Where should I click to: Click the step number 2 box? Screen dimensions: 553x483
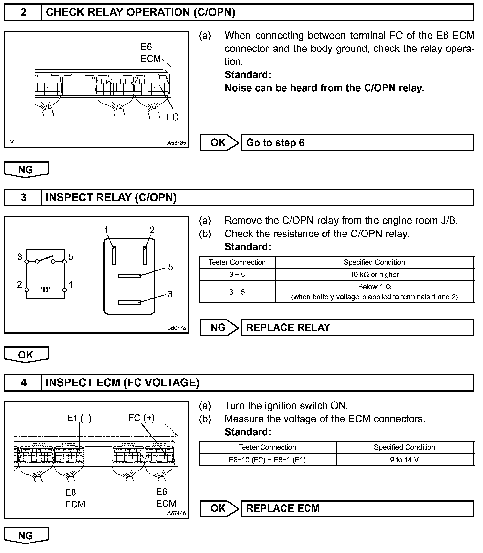tap(23, 12)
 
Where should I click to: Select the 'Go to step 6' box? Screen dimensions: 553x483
tap(358, 143)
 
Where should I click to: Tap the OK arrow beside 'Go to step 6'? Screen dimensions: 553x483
tap(219, 143)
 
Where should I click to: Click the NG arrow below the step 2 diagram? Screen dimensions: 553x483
tap(26, 170)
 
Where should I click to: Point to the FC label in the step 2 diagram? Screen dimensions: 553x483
tap(172, 117)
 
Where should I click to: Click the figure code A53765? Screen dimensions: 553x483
tap(177, 143)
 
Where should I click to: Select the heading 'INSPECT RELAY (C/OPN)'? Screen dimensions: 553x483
tap(111, 197)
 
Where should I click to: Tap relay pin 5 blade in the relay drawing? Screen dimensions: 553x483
tap(129, 276)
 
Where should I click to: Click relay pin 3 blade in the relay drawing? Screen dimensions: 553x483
tap(129, 302)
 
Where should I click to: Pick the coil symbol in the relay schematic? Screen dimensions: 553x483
tap(45, 289)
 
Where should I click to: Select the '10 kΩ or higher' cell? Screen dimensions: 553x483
tap(374, 275)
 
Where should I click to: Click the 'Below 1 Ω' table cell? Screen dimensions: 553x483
tap(374, 292)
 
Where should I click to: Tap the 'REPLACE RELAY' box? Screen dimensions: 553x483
tap(358, 328)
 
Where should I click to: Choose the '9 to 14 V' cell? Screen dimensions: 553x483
tap(405, 460)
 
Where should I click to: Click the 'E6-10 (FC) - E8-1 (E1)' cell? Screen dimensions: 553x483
tap(267, 460)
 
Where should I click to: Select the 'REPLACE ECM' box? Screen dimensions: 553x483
tap(358, 508)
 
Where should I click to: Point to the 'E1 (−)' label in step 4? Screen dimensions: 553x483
tap(79, 418)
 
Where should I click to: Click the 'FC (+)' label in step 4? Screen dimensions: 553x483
tap(141, 418)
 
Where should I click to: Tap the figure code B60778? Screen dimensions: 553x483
tap(177, 328)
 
